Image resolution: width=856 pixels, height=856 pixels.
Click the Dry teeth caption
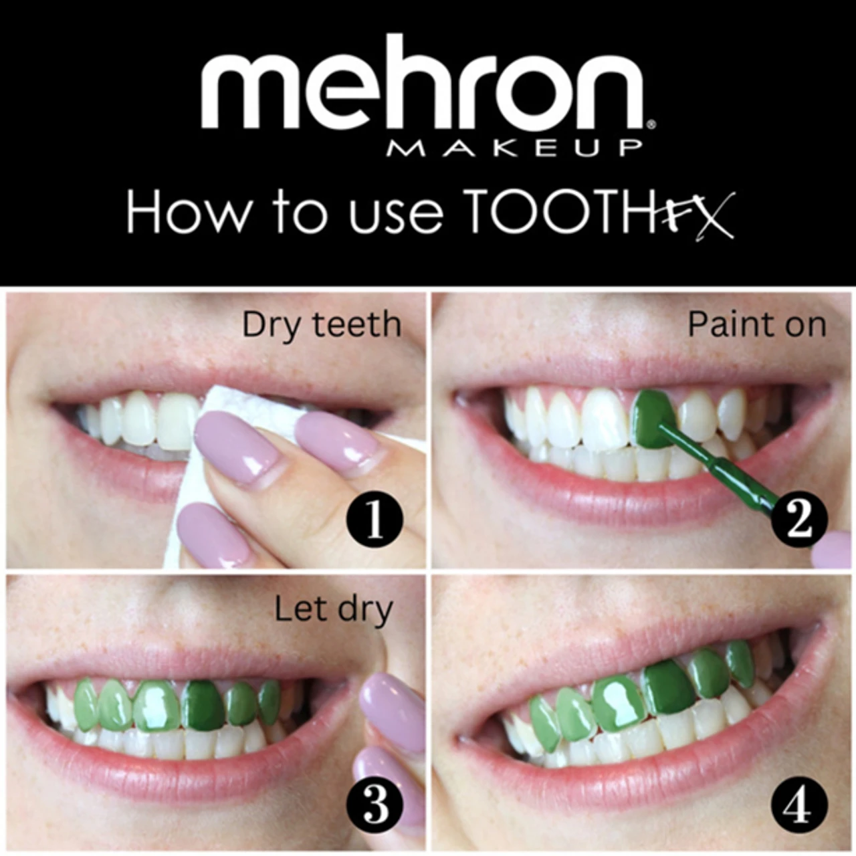tap(322, 325)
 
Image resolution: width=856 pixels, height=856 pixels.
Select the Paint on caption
tap(756, 325)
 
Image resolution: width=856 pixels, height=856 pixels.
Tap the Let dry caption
tap(333, 610)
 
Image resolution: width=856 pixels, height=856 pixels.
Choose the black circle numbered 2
tap(799, 520)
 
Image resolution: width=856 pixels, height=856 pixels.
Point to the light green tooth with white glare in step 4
tap(619, 702)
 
